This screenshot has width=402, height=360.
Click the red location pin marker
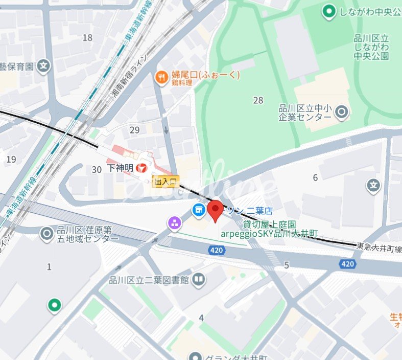point(215,211)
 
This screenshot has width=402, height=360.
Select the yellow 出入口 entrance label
point(166,181)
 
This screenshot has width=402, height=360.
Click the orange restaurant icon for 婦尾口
point(162,77)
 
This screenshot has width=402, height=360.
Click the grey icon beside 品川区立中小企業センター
point(342,111)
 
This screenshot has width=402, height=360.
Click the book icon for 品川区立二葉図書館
point(199,279)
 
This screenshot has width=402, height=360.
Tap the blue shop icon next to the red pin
point(198,209)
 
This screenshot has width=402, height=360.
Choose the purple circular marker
point(175,222)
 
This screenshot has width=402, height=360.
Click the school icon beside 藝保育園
point(45,65)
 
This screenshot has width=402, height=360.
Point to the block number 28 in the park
point(258,100)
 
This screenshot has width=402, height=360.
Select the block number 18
point(87,37)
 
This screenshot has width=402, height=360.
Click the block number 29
point(134,130)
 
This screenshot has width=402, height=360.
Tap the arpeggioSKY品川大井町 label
point(269,234)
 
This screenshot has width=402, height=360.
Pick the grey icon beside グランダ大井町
point(194,356)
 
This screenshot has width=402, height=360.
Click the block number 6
point(315,177)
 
